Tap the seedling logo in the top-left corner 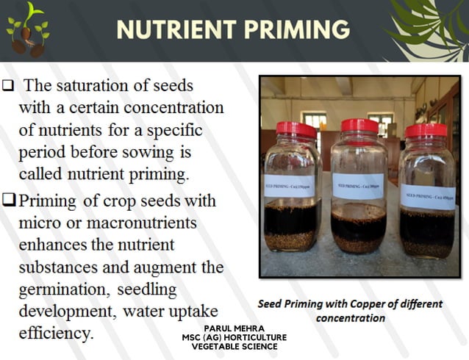(28, 29)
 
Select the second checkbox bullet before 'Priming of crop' (8, 201)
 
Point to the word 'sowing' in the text (151, 153)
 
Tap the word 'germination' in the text (61, 289)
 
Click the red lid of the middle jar (359, 126)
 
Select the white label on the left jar (289, 185)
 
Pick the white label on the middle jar (357, 185)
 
